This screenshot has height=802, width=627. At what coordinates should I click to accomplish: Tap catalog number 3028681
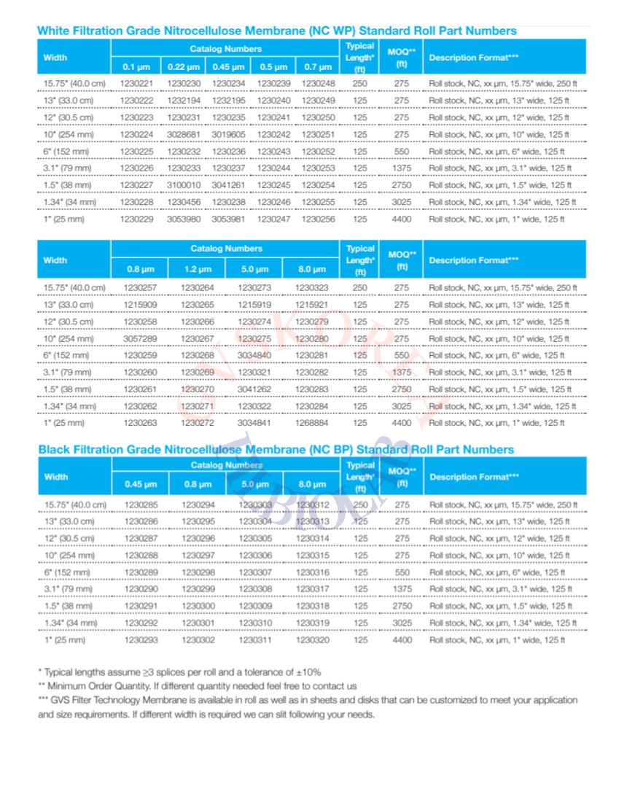pos(183,135)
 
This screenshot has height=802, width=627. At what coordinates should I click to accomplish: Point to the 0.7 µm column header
pos(319,66)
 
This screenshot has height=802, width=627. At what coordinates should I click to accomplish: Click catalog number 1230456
pos(183,202)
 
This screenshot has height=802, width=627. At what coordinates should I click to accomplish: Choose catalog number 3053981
pos(228,219)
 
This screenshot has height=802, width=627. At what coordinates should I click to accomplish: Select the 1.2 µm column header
pos(197,270)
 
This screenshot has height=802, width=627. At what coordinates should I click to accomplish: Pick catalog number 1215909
pos(139,304)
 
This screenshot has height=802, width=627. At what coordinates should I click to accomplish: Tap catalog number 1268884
pos(312,422)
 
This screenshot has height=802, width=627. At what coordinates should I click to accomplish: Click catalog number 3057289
pos(139,338)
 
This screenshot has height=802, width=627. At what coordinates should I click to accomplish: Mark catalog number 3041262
pos(254,389)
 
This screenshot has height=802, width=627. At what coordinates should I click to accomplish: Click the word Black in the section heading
pos(55,449)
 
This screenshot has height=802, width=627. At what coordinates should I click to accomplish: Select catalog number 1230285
pos(139,505)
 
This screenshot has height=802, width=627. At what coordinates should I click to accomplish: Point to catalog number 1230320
pos(313,639)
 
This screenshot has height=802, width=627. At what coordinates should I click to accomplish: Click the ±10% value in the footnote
pos(306,671)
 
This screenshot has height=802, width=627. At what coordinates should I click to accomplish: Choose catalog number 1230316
pos(313,572)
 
